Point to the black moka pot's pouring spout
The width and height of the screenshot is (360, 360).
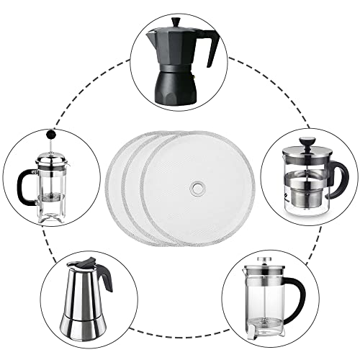point(149,36)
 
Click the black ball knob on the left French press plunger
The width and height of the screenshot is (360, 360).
point(51,134)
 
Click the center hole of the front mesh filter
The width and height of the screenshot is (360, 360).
point(196,189)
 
